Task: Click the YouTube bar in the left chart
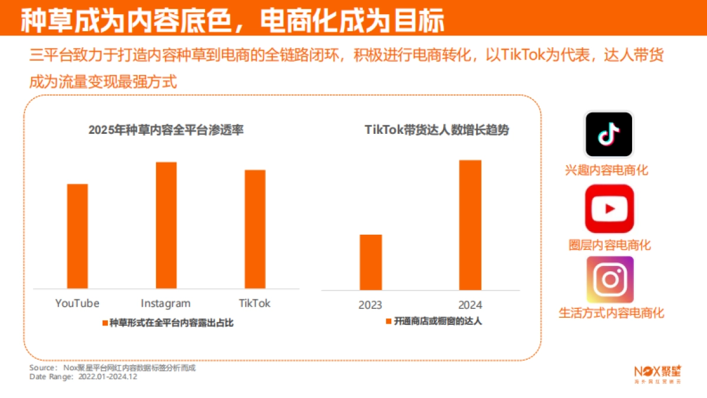coord(77,236)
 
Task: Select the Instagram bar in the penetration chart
coord(166,225)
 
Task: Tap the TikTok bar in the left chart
coord(255,229)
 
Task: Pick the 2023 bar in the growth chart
coord(371,262)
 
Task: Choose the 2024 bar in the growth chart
coord(470,225)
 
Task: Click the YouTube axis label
coord(77,303)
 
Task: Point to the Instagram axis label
coord(166,304)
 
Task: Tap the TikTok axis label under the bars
coord(255,303)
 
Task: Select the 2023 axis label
coord(370,305)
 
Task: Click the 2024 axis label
coord(470,305)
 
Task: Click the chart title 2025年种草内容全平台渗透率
coord(166,130)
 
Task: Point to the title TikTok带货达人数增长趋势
coord(437,130)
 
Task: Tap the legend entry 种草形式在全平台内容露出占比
coord(168,323)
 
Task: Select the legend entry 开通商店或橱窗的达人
coord(434,321)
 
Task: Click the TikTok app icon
coord(609,134)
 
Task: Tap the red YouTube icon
coord(609,208)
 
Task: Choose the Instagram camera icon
coord(609,279)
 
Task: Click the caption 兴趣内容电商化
coord(606,170)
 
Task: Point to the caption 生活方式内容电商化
coord(611,313)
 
